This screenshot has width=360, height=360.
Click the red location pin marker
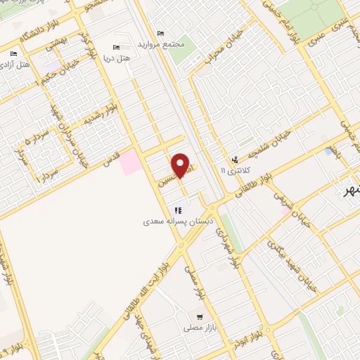point(181,165)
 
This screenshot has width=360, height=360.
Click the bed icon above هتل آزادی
point(13,53)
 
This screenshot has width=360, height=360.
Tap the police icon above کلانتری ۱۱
point(234,159)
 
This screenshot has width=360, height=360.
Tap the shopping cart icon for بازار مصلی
point(200,317)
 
